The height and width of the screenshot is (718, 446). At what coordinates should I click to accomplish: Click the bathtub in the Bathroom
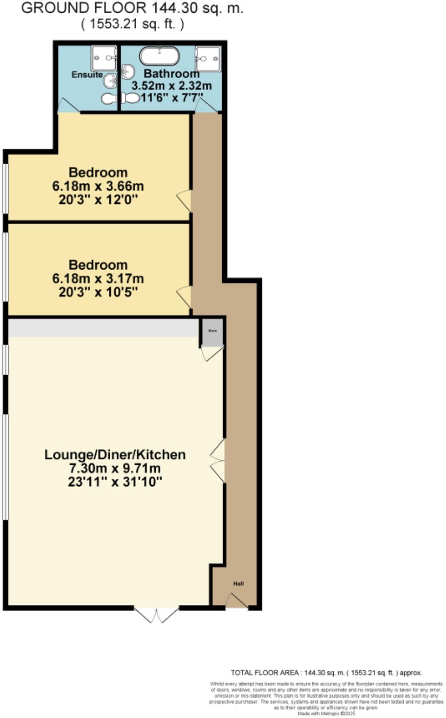coord(160,55)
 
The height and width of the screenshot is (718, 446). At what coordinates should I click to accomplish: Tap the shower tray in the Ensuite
coord(104,58)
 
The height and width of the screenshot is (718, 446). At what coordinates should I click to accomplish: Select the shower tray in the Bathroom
coord(208,59)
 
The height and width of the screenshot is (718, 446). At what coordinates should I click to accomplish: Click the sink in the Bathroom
coord(127,72)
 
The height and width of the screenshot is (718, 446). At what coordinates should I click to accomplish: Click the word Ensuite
coord(87,75)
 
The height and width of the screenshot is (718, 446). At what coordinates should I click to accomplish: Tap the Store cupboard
coord(212,332)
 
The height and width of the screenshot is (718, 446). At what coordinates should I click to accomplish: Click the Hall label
coord(238,584)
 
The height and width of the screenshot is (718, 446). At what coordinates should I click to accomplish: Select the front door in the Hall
coord(236,601)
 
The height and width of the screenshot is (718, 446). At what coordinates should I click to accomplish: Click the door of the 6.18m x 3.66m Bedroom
coord(185,200)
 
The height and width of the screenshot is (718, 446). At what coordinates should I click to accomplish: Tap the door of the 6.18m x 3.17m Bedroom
coord(185,296)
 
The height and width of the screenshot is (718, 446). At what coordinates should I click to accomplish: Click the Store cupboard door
coord(212,353)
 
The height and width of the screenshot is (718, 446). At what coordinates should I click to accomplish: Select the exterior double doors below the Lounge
coord(157,615)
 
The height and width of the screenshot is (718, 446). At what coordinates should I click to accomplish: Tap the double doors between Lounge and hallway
coord(218,462)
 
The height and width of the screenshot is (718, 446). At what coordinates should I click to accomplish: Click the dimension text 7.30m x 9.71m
coord(115,468)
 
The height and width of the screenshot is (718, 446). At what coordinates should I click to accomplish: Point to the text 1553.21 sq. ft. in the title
coord(133,24)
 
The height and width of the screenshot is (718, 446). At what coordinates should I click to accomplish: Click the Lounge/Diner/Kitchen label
coord(115,455)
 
